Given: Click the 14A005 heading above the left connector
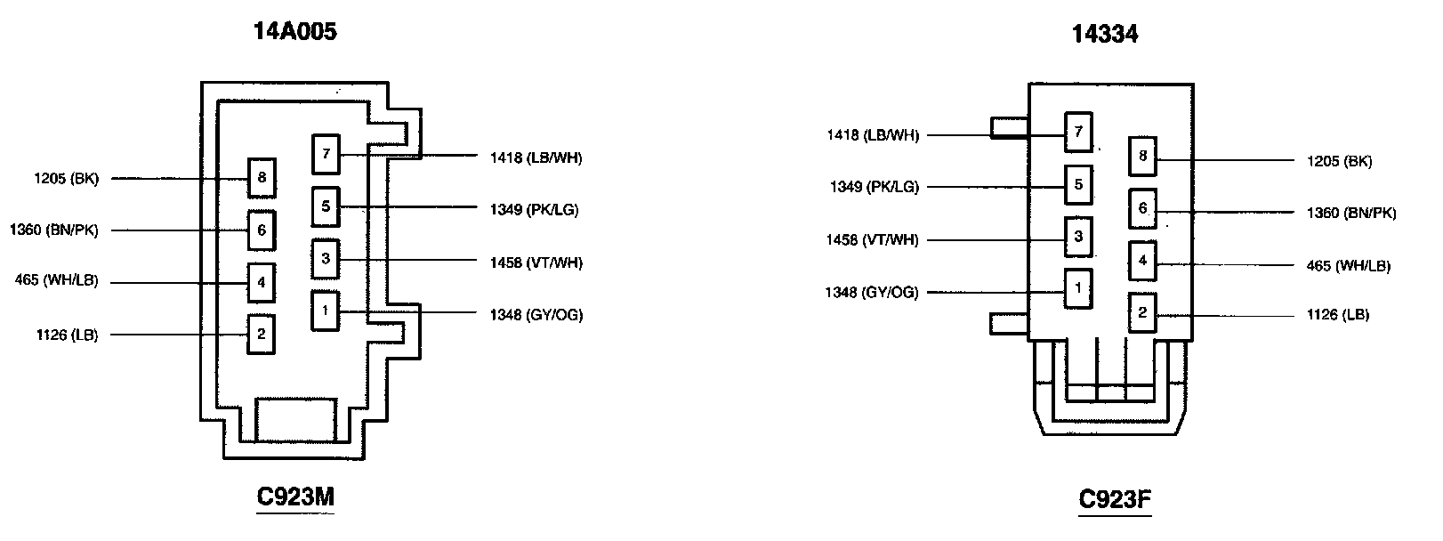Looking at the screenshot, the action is (295, 33).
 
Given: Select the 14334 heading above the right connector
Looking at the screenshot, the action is (1105, 34).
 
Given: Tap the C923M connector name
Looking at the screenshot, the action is (295, 497).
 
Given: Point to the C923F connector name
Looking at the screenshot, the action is (1115, 499).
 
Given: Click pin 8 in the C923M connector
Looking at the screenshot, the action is (262, 178).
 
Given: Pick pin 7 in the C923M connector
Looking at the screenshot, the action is (326, 154).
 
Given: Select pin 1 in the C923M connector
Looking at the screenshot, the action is (326, 311).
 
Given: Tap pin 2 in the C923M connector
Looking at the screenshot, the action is (262, 335).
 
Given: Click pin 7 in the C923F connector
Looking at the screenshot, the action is (1078, 133).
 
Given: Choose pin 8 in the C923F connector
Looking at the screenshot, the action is (1143, 157).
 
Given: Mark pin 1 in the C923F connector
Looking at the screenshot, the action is (1078, 288).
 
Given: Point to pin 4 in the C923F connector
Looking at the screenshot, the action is (1143, 262).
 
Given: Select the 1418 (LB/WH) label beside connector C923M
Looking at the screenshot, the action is (536, 158).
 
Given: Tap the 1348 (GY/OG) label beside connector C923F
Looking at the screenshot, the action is (872, 293).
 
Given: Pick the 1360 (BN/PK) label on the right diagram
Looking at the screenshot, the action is (1351, 214).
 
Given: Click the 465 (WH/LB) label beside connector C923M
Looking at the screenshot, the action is (57, 282).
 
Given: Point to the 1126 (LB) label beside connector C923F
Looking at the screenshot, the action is (1337, 315).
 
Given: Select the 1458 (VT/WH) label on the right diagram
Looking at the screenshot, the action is (872, 240).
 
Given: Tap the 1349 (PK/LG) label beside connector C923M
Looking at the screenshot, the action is (534, 210).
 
